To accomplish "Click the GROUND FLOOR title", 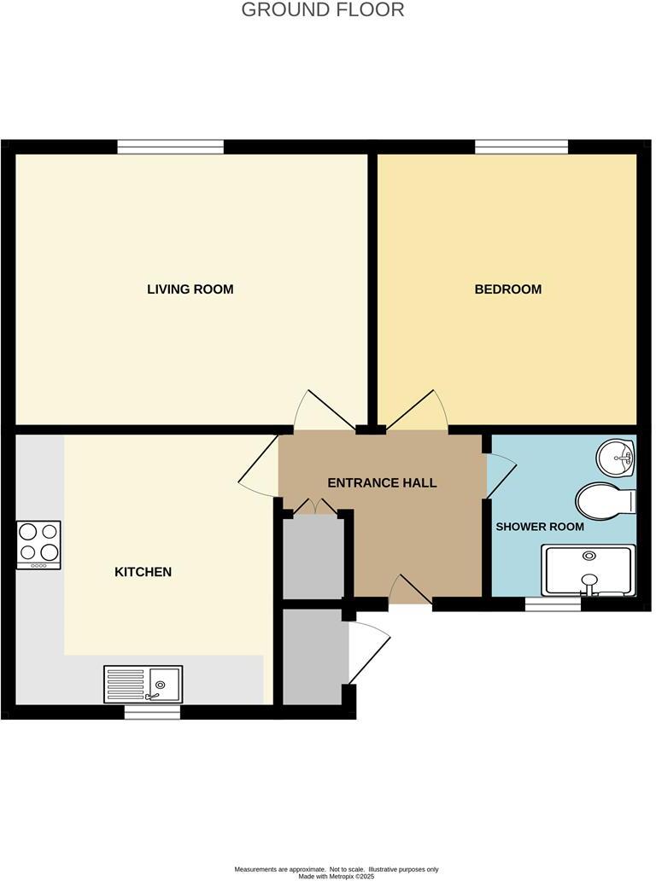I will click(x=323, y=10).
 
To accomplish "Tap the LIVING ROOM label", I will click(x=190, y=289).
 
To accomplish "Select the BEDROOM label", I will click(x=507, y=289).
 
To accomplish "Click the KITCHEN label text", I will click(x=143, y=572).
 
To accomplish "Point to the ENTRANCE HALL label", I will click(x=382, y=483).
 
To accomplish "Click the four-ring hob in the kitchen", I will click(x=38, y=545).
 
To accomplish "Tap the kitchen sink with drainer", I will click(x=143, y=684).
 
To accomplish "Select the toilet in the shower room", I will click(x=606, y=500).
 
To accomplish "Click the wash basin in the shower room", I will click(x=616, y=458).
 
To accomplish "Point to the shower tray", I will click(x=589, y=570).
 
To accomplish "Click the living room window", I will click(x=171, y=148).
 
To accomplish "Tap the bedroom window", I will click(x=521, y=148).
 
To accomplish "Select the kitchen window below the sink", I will click(x=152, y=712).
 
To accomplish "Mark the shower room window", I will click(x=553, y=604).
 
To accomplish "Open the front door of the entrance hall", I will click(x=410, y=592).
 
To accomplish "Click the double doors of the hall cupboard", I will click(x=314, y=508).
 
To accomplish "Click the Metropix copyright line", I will click(x=336, y=876).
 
